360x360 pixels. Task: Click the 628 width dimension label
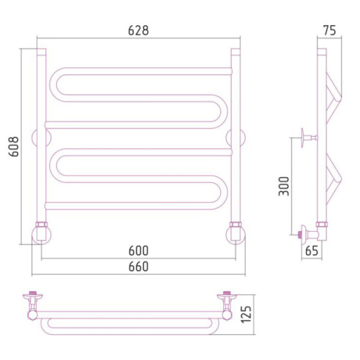point(138,30)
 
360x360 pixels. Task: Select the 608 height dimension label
point(14,146)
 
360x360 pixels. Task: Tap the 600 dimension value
point(138,251)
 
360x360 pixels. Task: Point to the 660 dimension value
point(138,266)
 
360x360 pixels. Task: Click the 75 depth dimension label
point(330,30)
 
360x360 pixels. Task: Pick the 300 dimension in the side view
point(284,186)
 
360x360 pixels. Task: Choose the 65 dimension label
point(312,251)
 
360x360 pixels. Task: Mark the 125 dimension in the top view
point(247,315)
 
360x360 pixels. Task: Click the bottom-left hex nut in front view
point(41,225)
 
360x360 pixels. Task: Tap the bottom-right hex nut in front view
point(235,225)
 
